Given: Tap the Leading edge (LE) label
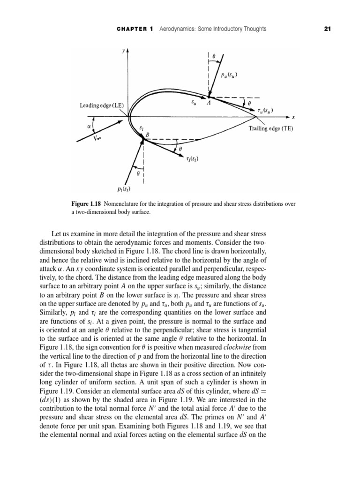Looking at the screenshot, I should tap(101, 106).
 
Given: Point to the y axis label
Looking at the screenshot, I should tap(123, 50).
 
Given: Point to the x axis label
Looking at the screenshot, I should tap(292, 116).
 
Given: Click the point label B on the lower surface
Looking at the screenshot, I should tap(147, 135).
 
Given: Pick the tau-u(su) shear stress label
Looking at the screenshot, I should tap(265, 111).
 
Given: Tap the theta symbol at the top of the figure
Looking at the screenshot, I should tap(214, 56).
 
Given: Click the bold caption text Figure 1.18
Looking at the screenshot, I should tap(86, 204).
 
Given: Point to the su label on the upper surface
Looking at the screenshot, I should tap(193, 101).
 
